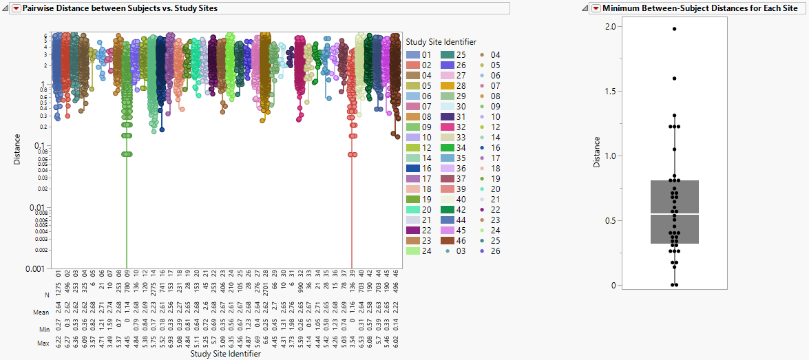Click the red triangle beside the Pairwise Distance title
click(17, 8)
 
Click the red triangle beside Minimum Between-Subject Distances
click(596, 8)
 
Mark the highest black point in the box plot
click(675, 29)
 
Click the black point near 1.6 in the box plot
click(675, 78)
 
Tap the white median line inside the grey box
click(675, 214)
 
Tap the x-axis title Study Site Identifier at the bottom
click(225, 354)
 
